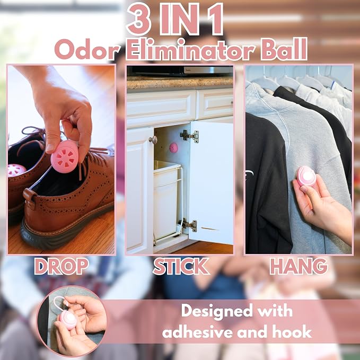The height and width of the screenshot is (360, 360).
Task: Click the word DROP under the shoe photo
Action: (62, 266)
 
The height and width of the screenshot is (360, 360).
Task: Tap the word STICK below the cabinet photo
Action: (181, 266)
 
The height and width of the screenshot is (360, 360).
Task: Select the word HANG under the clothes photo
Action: (298, 266)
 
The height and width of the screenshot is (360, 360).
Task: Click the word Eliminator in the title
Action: (191, 50)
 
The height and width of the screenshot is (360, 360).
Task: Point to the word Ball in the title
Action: (284, 49)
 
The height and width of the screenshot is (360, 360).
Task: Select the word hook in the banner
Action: (292, 332)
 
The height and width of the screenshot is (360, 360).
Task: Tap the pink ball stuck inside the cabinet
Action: (173, 147)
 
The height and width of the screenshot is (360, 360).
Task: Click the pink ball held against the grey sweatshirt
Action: (306, 176)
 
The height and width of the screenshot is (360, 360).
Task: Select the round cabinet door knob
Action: (153, 139)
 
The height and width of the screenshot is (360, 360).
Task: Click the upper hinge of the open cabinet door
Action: (190, 136)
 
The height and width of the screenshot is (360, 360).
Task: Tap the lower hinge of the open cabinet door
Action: (188, 225)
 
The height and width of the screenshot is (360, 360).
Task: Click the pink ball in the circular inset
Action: (68, 320)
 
